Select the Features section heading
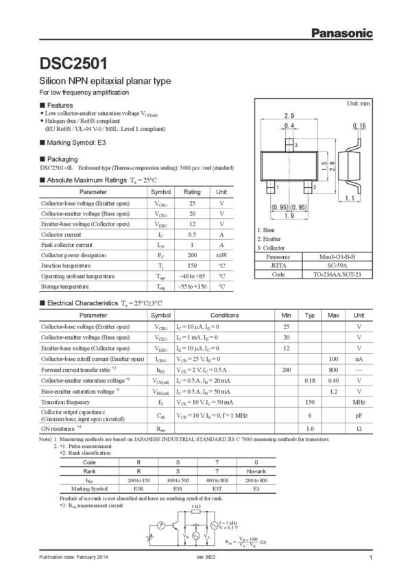(x=58, y=104)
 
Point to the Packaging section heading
(x=59, y=158)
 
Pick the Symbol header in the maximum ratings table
(x=160, y=192)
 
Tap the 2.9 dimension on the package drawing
(x=289, y=115)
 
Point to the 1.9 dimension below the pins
(x=289, y=215)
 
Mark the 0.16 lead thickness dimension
(x=359, y=126)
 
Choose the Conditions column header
(x=224, y=315)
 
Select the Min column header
(x=284, y=315)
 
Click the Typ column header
(x=309, y=315)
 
